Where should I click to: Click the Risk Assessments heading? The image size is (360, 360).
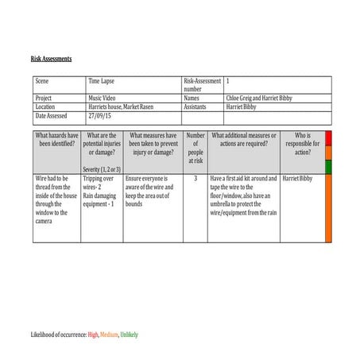(x=51, y=59)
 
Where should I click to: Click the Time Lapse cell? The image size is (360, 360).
(x=103, y=81)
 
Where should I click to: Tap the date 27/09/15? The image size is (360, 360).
(x=99, y=115)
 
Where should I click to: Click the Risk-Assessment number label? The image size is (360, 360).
(x=201, y=85)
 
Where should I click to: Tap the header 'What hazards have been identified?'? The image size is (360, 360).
(x=56, y=140)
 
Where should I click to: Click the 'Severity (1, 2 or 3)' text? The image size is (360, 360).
(x=102, y=169)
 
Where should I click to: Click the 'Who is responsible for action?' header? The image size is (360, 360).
(x=302, y=144)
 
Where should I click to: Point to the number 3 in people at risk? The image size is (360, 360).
(x=195, y=179)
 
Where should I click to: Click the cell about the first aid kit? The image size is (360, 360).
(x=243, y=195)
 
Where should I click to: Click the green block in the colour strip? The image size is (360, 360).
(x=329, y=167)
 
